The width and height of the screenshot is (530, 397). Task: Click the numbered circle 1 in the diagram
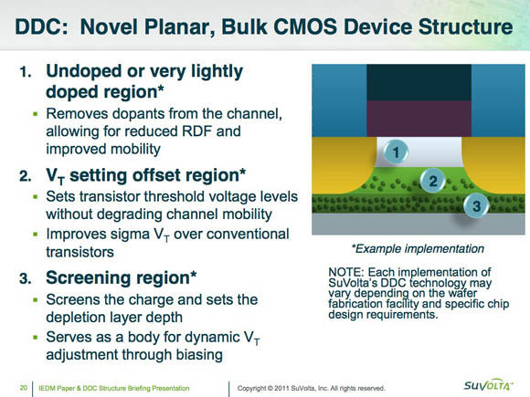pos(395,151)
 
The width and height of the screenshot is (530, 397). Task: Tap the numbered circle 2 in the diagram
pos(433,181)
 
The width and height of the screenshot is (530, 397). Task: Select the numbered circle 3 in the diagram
pos(476,205)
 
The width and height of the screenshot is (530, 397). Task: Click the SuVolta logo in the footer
pos(489,385)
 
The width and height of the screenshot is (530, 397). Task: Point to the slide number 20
pos(24,388)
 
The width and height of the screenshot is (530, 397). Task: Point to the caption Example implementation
pos(419,249)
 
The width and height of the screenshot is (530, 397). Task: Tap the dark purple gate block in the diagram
pos(419,118)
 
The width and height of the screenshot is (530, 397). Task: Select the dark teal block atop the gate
pos(419,82)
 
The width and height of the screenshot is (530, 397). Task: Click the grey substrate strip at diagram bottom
pos(419,224)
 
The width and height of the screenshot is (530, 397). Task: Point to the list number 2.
pos(25,176)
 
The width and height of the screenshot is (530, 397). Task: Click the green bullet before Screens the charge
pos(36,299)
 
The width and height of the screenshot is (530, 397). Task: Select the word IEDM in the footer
pos(47,388)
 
